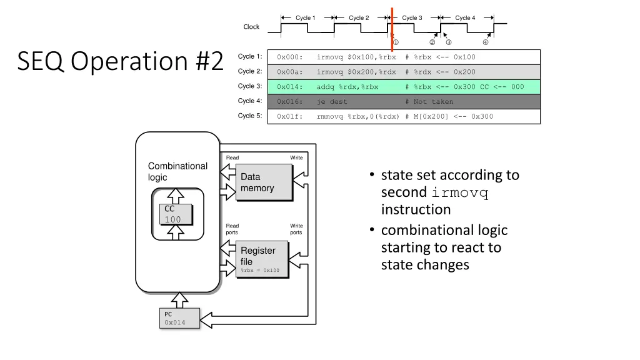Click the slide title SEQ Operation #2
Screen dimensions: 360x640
pyautogui.click(x=120, y=61)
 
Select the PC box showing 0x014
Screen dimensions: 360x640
pyautogui.click(x=179, y=318)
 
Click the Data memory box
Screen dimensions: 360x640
pyautogui.click(x=264, y=183)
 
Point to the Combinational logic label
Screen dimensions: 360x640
pyautogui.click(x=177, y=171)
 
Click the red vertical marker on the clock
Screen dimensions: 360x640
pyautogui.click(x=392, y=28)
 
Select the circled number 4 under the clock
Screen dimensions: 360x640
pyautogui.click(x=486, y=42)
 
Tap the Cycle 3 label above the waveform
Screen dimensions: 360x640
pyautogui.click(x=412, y=18)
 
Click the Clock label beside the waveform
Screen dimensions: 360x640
pyautogui.click(x=251, y=27)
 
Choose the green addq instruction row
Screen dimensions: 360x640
pyautogui.click(x=403, y=87)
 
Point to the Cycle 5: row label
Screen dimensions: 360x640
pyautogui.click(x=250, y=116)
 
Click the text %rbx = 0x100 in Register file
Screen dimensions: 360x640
pyautogui.click(x=261, y=271)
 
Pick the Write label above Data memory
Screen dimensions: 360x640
pyautogui.click(x=296, y=158)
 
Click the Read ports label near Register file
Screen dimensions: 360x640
pyautogui.click(x=232, y=229)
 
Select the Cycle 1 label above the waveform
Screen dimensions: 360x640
pyautogui.click(x=306, y=18)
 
